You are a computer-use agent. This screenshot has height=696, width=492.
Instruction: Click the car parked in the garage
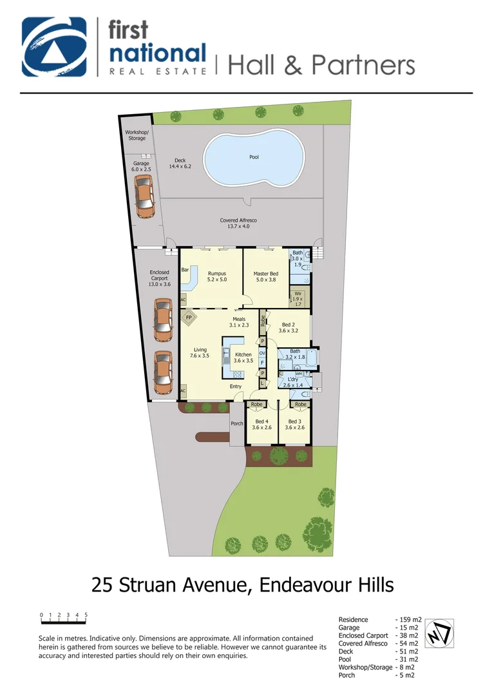point(144,196)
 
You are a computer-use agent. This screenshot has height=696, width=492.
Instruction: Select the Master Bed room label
point(265,277)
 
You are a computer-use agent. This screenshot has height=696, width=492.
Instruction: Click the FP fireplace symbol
point(189,318)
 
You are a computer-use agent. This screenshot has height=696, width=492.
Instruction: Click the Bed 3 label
point(296,423)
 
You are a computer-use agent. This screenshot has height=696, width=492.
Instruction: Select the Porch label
point(237,423)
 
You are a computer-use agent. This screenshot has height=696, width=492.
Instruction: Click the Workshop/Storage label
point(136,135)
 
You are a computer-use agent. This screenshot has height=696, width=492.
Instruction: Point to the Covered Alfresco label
point(239,223)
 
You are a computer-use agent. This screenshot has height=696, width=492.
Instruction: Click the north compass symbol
point(440,632)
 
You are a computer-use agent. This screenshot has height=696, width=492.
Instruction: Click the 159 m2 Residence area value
point(407,619)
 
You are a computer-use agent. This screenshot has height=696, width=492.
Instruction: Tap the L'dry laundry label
point(293,382)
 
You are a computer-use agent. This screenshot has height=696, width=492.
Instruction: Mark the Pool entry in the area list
point(345,659)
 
